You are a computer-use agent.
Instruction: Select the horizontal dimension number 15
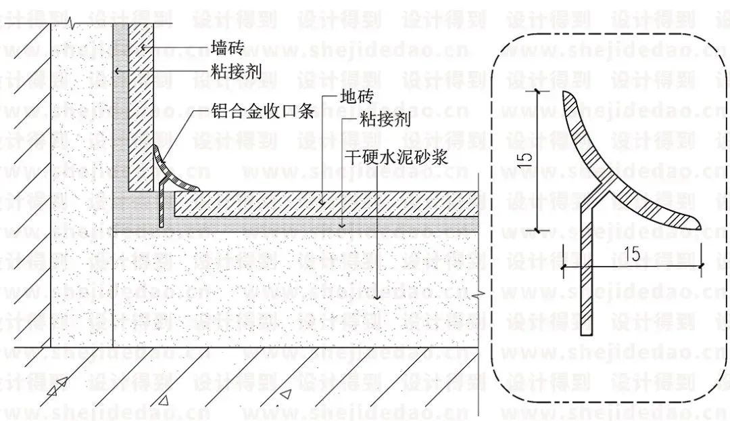click(633, 254)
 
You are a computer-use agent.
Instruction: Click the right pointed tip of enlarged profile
click(698, 229)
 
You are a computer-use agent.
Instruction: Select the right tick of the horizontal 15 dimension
click(702, 266)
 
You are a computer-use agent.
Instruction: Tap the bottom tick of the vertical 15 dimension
click(538, 230)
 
